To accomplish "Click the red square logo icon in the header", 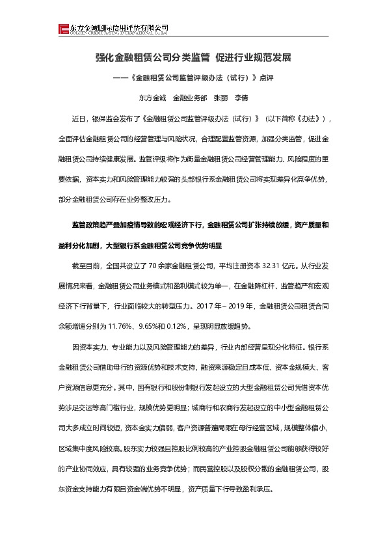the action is pyautogui.click(x=63, y=28).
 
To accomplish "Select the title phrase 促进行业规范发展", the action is pyautogui.click(x=254, y=57).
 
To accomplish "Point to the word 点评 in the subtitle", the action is pyautogui.click(x=267, y=78).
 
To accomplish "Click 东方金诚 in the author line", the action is pyautogui.click(x=152, y=98).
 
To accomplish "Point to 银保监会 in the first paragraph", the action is pyautogui.click(x=104, y=119).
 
